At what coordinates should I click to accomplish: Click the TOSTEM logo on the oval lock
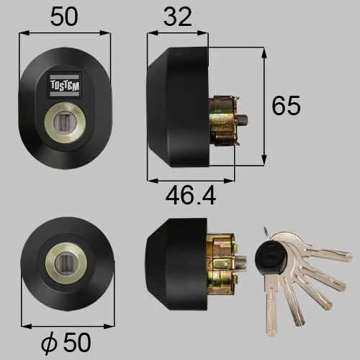[x=65, y=85]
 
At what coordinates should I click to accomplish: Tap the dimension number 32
[x=178, y=17]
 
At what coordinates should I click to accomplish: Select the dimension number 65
[x=286, y=105]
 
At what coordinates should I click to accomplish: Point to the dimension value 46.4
[x=191, y=196]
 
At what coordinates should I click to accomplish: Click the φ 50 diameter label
[x=66, y=343]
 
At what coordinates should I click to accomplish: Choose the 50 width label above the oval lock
[x=64, y=17]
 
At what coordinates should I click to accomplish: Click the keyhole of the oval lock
[x=65, y=122]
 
